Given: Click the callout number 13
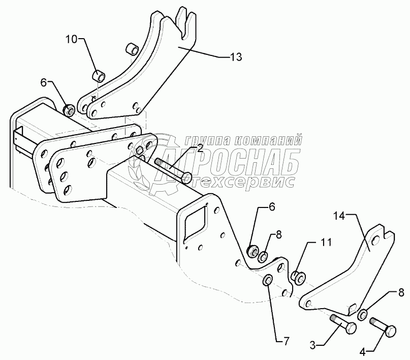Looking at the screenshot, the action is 236,57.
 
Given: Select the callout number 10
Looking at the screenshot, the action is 72,39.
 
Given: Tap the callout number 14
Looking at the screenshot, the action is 338,216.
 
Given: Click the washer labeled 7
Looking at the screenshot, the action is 267,281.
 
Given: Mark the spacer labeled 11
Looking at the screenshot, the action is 298,277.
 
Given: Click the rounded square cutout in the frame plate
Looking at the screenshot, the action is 194,222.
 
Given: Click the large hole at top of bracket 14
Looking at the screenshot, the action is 374,239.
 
